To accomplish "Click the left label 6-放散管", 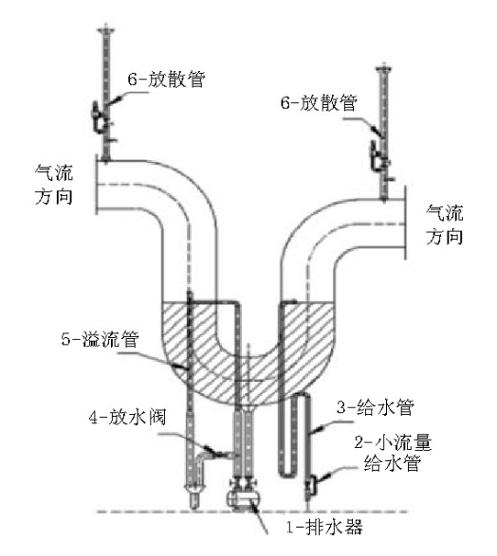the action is coord(167,80).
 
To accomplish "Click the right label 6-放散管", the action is coord(319,103).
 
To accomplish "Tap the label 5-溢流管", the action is coord(100,339).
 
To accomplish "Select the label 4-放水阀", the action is coord(127,417).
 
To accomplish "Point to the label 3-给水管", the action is coord(376,407).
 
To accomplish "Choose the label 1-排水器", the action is coord(324,528).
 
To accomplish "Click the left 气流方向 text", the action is coord(54,185).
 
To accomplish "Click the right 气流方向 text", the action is coord(445,224).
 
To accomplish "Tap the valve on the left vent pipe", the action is coord(101,117).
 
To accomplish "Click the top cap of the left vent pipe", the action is coord(106,30).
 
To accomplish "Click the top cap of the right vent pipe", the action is coord(384,68).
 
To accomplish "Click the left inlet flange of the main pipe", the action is coord(96,185).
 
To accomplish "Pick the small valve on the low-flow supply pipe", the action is coord(312,485).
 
